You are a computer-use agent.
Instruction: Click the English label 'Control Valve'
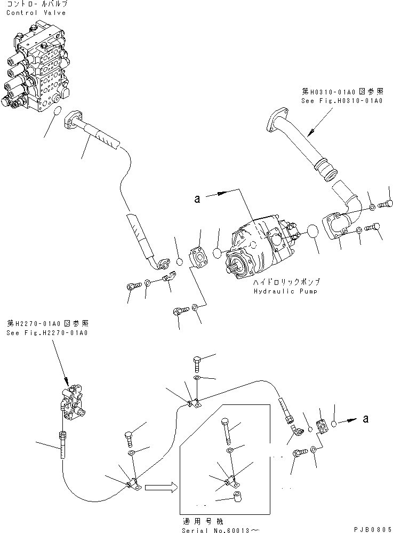(36, 13)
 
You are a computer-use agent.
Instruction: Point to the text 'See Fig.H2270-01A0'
(47, 332)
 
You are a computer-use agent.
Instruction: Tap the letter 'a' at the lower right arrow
(365, 419)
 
